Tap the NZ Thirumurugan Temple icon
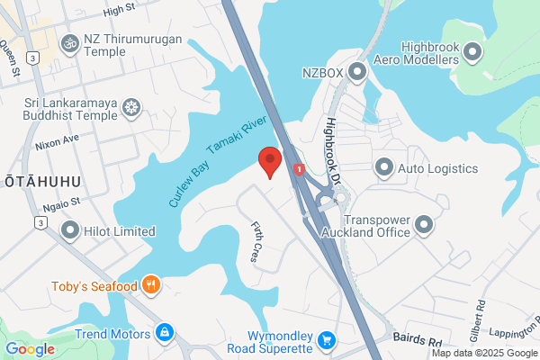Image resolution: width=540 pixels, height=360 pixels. (68, 43)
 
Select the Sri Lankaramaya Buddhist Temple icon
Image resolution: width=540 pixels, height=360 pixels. (132, 108)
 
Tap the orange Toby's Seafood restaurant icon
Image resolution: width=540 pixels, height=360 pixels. (151, 286)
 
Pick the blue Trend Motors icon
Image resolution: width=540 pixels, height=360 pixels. (165, 333)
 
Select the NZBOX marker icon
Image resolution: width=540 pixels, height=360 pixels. (357, 70)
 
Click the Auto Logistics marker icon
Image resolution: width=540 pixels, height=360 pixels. (384, 166)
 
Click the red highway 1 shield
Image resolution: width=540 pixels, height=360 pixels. (299, 168)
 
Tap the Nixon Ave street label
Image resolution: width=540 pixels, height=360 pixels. (57, 140)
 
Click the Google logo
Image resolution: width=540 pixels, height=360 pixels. (30, 348)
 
